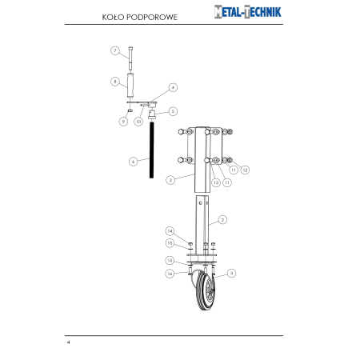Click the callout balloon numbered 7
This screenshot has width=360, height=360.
coord(115,50)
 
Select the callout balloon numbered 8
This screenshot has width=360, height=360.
coord(115,82)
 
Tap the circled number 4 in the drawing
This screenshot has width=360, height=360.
coord(173,87)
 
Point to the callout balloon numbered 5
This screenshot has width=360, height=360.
coord(173,111)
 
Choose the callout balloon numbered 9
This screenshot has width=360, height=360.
coord(123,122)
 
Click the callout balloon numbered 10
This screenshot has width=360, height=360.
coord(138,122)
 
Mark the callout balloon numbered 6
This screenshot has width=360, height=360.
coord(134,162)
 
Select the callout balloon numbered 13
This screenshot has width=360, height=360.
coord(216,182)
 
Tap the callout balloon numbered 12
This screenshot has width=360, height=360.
coord(245,170)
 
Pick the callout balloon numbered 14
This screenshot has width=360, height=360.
coord(170,231)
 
